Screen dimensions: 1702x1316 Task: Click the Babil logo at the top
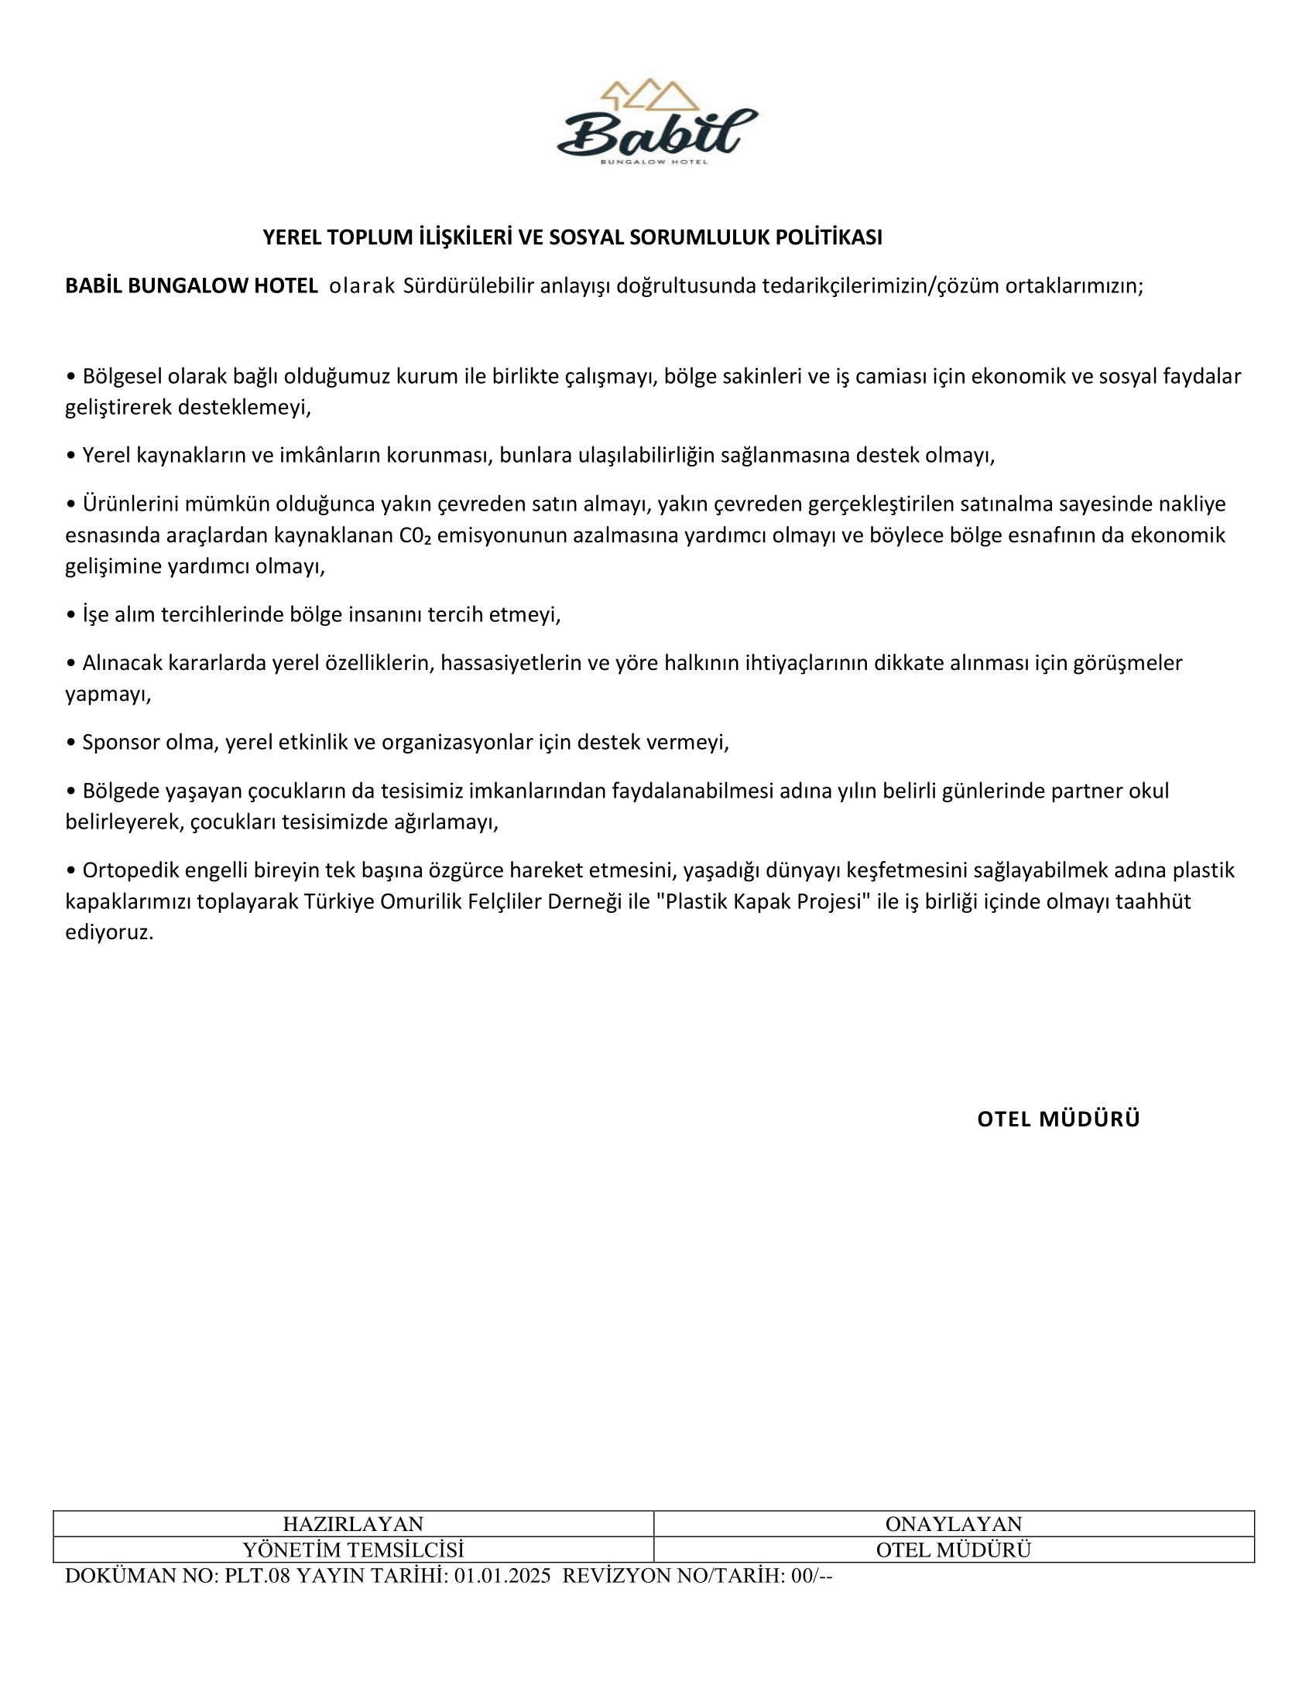(x=656, y=123)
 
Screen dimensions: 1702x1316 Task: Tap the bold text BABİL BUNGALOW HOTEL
(x=191, y=286)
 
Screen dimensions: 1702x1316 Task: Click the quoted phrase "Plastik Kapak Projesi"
(x=763, y=901)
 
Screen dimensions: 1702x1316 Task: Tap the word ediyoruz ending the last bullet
(x=109, y=933)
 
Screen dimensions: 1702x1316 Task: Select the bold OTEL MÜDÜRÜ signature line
(x=1058, y=1119)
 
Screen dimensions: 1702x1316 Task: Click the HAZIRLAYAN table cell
(x=352, y=1523)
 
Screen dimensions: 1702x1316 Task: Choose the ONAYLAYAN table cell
(x=953, y=1523)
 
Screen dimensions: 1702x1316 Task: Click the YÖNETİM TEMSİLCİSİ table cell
(x=352, y=1550)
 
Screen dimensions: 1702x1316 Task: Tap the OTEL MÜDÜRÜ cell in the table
(x=953, y=1550)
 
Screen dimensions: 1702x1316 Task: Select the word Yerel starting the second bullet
(x=106, y=455)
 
